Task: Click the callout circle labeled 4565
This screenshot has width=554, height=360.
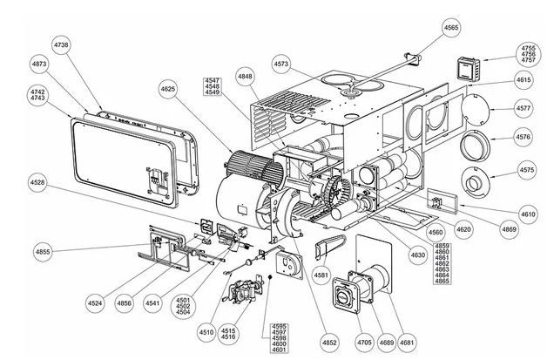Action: (451, 28)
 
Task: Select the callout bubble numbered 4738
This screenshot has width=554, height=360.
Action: (61, 45)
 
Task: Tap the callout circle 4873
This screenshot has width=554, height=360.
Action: (39, 64)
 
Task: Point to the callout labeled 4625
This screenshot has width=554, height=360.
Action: (168, 89)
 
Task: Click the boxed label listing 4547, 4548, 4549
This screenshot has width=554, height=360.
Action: (212, 86)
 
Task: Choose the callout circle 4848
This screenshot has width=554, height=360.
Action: (245, 77)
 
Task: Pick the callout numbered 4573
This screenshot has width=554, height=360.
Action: (281, 64)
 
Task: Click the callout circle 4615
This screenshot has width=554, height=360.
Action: (524, 80)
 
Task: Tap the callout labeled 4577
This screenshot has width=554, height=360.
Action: (524, 108)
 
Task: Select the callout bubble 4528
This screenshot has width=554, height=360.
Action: (37, 182)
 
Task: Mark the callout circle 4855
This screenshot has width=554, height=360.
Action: (43, 252)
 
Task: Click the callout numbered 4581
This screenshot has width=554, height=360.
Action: (321, 275)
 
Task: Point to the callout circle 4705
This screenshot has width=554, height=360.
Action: (364, 343)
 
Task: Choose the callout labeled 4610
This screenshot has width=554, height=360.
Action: (528, 214)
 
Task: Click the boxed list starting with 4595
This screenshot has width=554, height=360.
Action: (279, 337)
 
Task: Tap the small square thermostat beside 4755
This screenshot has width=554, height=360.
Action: (468, 69)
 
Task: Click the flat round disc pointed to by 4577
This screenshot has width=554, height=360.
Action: (476, 109)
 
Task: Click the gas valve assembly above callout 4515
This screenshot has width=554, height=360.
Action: (245, 290)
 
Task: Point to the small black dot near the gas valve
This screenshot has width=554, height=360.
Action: (270, 277)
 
